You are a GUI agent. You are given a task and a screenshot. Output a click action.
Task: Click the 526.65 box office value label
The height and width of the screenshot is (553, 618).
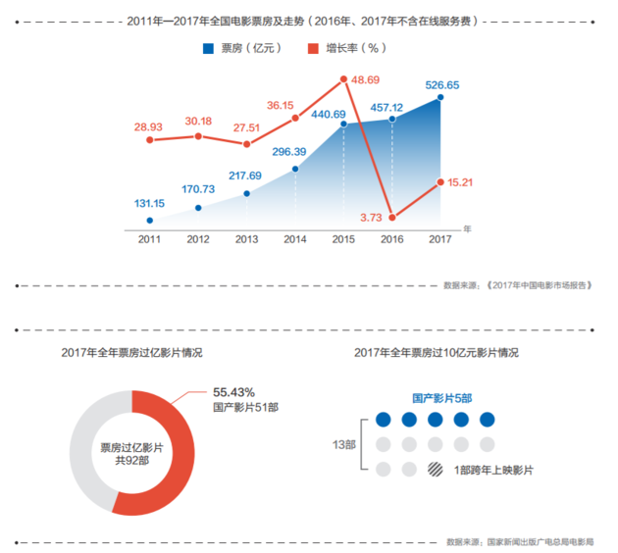(x=442, y=84)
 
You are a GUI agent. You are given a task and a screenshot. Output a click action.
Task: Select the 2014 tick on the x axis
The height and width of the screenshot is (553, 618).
(x=294, y=238)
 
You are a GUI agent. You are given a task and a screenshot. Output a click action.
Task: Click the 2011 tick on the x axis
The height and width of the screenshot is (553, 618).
(x=149, y=238)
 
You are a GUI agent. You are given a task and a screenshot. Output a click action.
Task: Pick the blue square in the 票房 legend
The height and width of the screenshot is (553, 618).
(x=209, y=48)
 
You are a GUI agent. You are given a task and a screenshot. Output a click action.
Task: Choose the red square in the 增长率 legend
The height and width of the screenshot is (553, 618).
(x=313, y=48)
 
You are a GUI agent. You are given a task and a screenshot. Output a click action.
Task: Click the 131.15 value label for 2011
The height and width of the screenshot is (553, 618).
(x=149, y=204)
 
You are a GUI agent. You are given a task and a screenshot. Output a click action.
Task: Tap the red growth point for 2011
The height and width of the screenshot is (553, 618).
(x=149, y=139)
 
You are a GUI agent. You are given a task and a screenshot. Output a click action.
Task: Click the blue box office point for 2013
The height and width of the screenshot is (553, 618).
(x=246, y=193)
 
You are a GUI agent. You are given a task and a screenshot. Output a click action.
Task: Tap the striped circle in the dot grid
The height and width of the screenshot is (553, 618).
(x=434, y=469)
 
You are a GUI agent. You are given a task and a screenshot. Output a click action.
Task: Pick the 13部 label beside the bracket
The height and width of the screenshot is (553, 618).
(x=344, y=444)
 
